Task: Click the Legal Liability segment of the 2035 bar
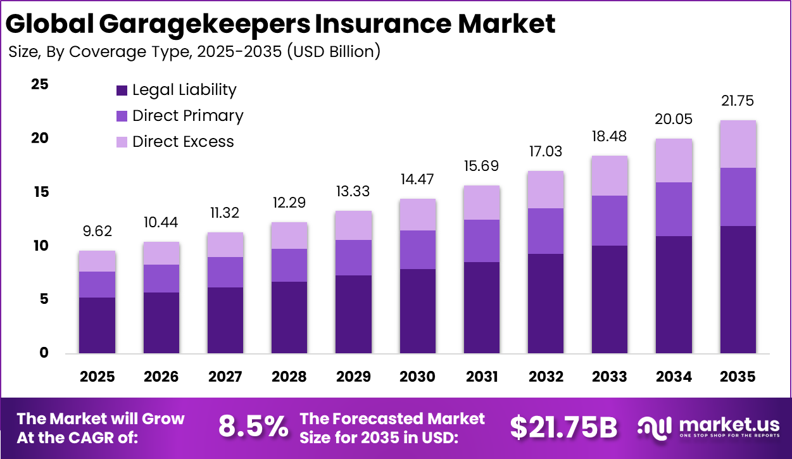point(738,289)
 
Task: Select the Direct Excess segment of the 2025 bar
point(97,261)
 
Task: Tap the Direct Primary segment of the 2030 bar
point(417,249)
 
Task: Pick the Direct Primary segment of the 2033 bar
point(610,220)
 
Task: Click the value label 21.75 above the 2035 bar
point(738,101)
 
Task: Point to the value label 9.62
point(97,232)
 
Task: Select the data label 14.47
point(417,180)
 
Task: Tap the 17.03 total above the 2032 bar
point(546,152)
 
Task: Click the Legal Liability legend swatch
point(122,91)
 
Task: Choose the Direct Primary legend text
point(187,116)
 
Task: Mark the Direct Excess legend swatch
point(122,142)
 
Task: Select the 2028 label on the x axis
point(289,377)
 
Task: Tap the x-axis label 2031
point(482,377)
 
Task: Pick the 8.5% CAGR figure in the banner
point(253,427)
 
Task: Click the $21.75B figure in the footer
point(563,427)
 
